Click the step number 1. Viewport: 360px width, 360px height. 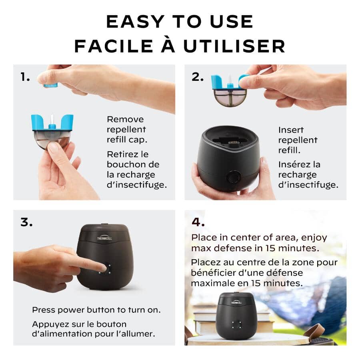(x=25, y=77)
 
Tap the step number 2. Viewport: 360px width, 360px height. (x=197, y=77)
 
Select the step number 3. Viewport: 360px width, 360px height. (x=26, y=222)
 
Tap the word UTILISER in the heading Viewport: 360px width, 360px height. (x=234, y=46)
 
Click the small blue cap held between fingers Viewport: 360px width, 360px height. (x=51, y=85)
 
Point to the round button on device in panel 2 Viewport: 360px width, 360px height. (x=233, y=177)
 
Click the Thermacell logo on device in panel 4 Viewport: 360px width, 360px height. (x=236, y=303)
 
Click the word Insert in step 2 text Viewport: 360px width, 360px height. (x=291, y=130)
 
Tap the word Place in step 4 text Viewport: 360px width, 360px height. (x=203, y=238)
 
